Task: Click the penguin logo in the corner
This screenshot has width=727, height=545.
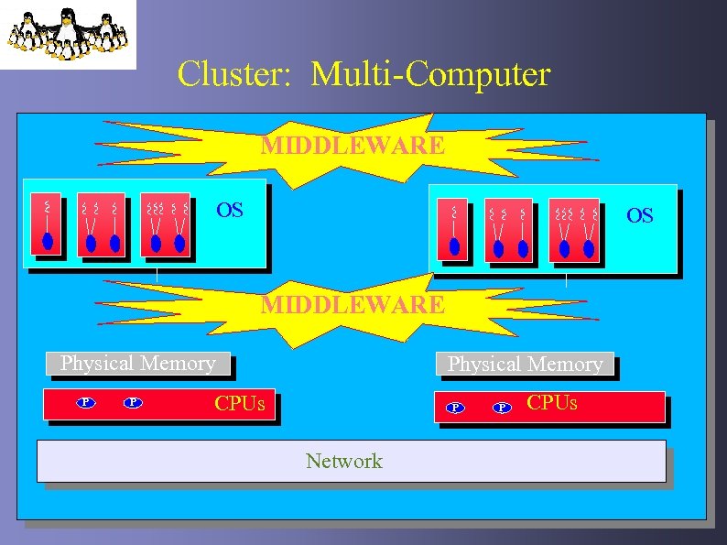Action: [68, 34]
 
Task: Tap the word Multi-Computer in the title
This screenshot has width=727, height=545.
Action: [430, 74]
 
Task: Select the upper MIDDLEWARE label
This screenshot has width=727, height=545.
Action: [353, 145]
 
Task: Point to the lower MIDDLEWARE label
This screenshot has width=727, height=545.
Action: [353, 303]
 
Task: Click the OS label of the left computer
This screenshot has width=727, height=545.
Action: [229, 211]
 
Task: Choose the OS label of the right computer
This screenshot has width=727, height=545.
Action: [639, 215]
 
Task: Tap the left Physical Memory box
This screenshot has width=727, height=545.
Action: [137, 364]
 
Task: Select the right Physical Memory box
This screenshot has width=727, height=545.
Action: [525, 365]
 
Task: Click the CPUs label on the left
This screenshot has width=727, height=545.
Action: [240, 403]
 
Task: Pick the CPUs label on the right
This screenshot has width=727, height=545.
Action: [552, 402]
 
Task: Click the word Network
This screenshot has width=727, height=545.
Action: [344, 461]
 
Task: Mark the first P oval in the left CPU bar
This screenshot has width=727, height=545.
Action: [85, 402]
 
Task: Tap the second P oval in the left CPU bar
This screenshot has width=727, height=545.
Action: [133, 402]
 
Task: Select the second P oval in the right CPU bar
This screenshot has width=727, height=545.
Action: [502, 408]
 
